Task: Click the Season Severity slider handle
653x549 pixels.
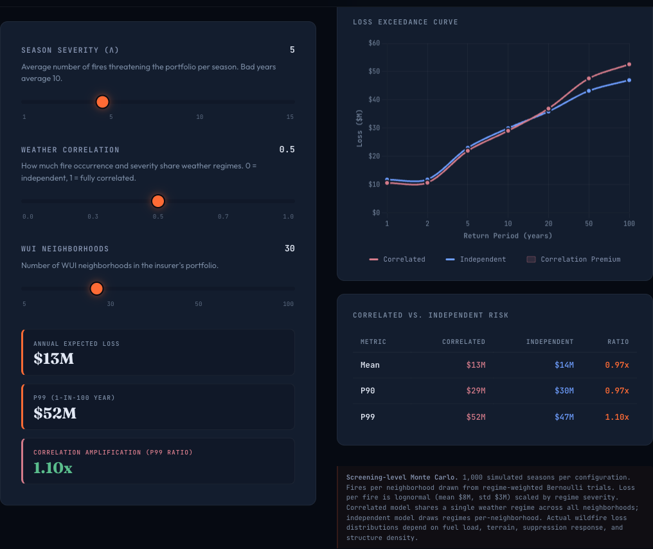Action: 102,102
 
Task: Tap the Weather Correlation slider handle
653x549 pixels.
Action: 158,201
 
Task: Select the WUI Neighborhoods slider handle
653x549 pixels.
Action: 96,289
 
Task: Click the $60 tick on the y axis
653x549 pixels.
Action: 374,43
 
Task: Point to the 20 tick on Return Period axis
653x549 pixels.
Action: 548,223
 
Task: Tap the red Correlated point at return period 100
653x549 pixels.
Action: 629,64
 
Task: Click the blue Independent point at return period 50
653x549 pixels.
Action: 589,91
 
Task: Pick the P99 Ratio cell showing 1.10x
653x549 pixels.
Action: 616,417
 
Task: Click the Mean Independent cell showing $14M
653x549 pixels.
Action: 564,365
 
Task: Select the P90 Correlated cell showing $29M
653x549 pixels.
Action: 476,391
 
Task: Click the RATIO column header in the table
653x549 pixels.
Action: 618,342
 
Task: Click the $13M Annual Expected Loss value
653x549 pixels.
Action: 54,359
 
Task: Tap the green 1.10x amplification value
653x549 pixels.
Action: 53,468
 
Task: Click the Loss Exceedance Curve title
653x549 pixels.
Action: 405,22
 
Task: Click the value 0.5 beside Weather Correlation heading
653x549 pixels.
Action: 287,150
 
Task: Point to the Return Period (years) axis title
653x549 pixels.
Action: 508,236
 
